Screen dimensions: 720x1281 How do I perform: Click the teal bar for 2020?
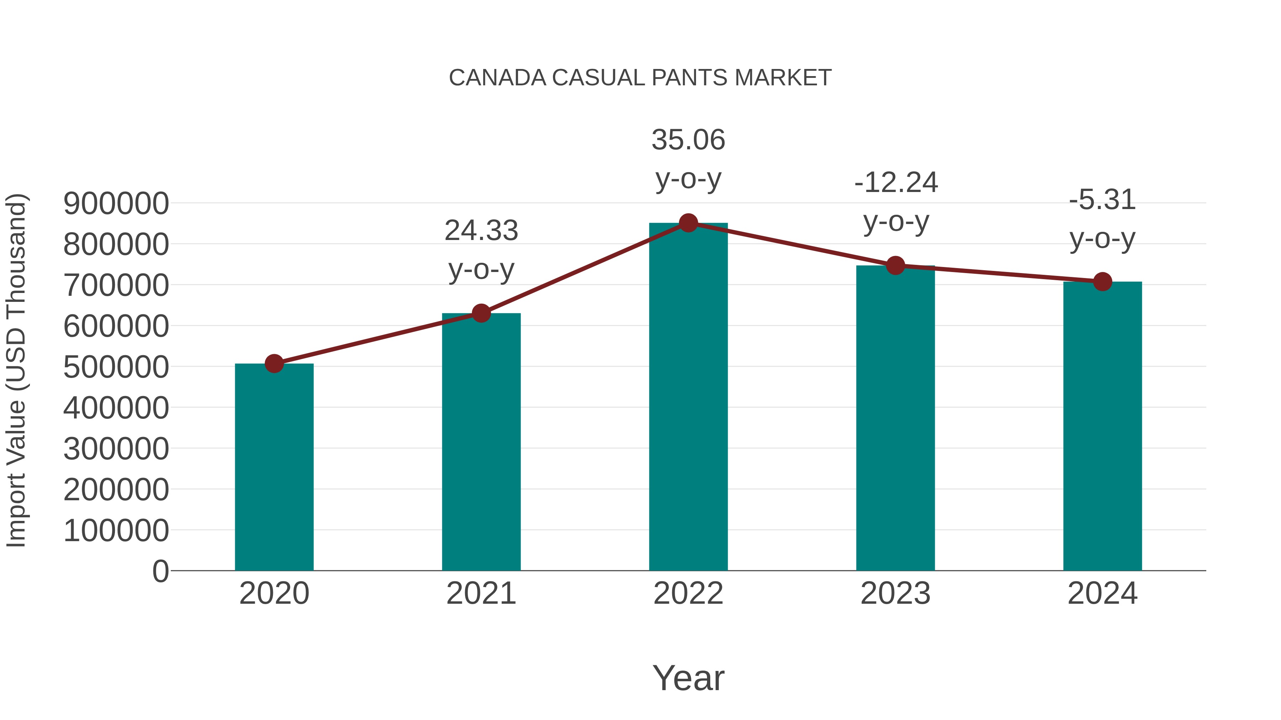274,467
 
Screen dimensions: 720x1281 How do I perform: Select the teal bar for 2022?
688,398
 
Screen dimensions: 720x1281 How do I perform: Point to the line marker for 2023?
896,266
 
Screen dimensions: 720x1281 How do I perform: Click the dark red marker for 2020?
274,364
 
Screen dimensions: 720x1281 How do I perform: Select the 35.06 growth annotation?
688,140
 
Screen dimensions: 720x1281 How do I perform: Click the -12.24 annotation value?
896,183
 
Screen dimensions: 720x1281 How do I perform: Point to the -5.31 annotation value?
1102,200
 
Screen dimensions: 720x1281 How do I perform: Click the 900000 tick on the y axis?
116,204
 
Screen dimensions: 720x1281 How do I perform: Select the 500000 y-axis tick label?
116,368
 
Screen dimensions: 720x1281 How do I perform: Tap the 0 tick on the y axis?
160,571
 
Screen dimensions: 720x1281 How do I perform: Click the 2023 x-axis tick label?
896,594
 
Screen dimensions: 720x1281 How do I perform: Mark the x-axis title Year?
688,678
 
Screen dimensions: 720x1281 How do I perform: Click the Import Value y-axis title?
16,370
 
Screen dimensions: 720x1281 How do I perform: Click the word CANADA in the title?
497,78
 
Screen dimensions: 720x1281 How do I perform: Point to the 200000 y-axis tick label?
116,490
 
